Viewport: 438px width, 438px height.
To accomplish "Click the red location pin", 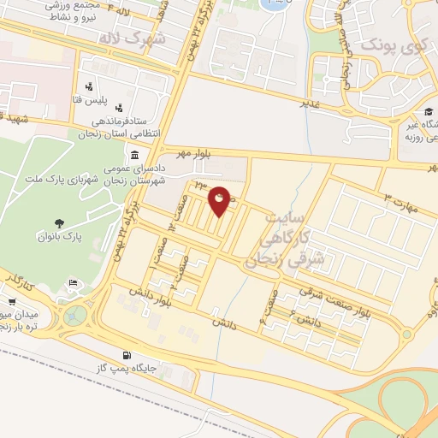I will (220, 200).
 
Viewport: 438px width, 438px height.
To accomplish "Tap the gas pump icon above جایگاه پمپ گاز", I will (127, 354).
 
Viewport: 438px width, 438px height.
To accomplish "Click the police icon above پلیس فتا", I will (89, 86).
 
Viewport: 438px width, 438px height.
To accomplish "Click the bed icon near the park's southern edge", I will (74, 282).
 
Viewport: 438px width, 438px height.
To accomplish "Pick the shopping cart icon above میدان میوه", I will (13, 301).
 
